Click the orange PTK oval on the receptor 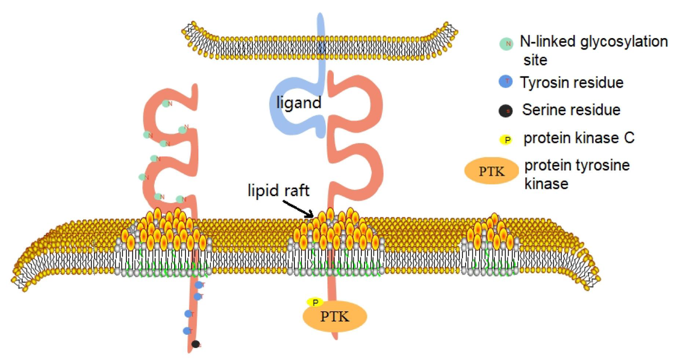pos(335,317)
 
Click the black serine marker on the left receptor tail pos(195,344)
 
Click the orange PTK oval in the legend pos(490,174)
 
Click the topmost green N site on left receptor pos(166,103)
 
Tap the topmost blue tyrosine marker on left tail pos(198,285)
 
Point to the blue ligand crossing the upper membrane pos(321,42)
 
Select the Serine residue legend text pos(571,110)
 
